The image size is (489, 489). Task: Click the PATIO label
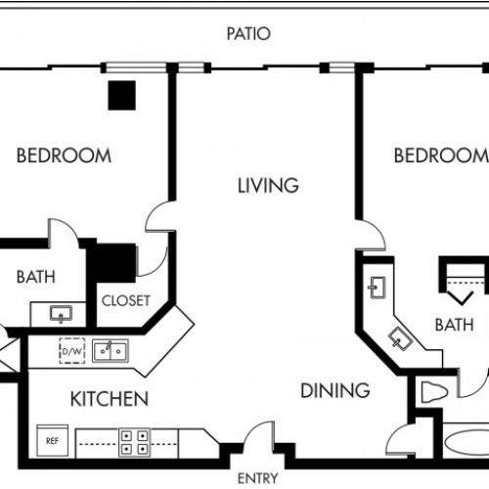coord(248,34)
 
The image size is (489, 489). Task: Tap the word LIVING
coord(268,186)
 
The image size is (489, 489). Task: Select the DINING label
coord(335,390)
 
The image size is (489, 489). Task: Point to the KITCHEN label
coord(110,399)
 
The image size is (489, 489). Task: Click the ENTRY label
coord(257,478)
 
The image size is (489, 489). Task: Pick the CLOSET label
coord(126,300)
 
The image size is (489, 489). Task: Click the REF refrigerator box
coord(53,440)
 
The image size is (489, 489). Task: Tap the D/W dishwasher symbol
coord(72,351)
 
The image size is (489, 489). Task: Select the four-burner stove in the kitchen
coord(134,442)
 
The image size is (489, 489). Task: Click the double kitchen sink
coord(111,351)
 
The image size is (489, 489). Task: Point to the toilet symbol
coord(433,392)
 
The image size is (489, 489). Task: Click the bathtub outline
coord(467,442)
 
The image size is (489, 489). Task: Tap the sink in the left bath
coord(61,314)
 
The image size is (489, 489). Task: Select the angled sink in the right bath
coord(401,338)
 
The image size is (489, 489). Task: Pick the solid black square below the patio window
coord(122,95)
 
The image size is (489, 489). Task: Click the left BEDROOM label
coord(64,156)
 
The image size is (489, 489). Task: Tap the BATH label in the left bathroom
coord(36,277)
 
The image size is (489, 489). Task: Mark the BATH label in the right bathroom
coord(455,325)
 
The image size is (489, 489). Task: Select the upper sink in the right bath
coord(378,288)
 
